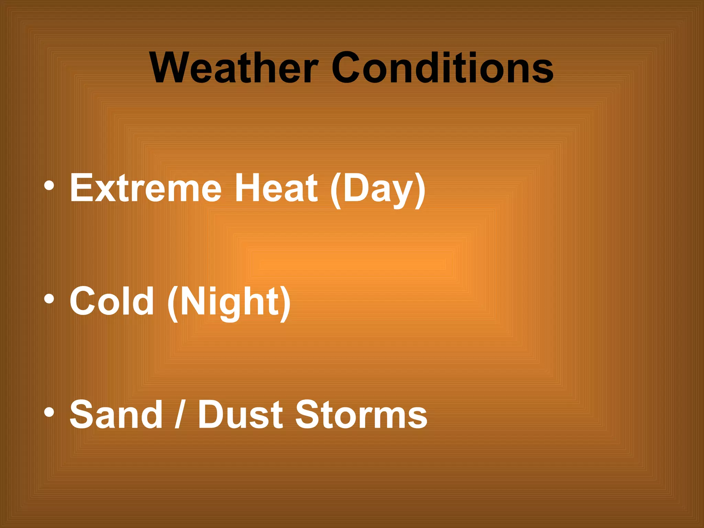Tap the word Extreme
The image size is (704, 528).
pyautogui.click(x=145, y=188)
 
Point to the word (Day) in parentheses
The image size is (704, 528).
pyautogui.click(x=377, y=189)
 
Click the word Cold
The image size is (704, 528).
pyautogui.click(x=111, y=301)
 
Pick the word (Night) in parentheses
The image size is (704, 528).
pyautogui.click(x=229, y=302)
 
